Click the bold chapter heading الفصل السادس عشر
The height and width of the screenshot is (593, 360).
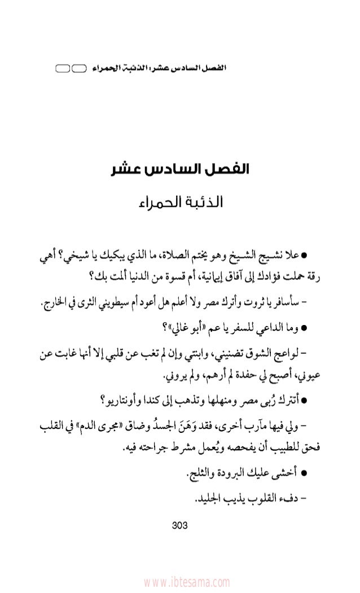pyautogui.click(x=181, y=169)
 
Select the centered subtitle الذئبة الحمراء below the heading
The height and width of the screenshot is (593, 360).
pyautogui.click(x=181, y=201)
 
